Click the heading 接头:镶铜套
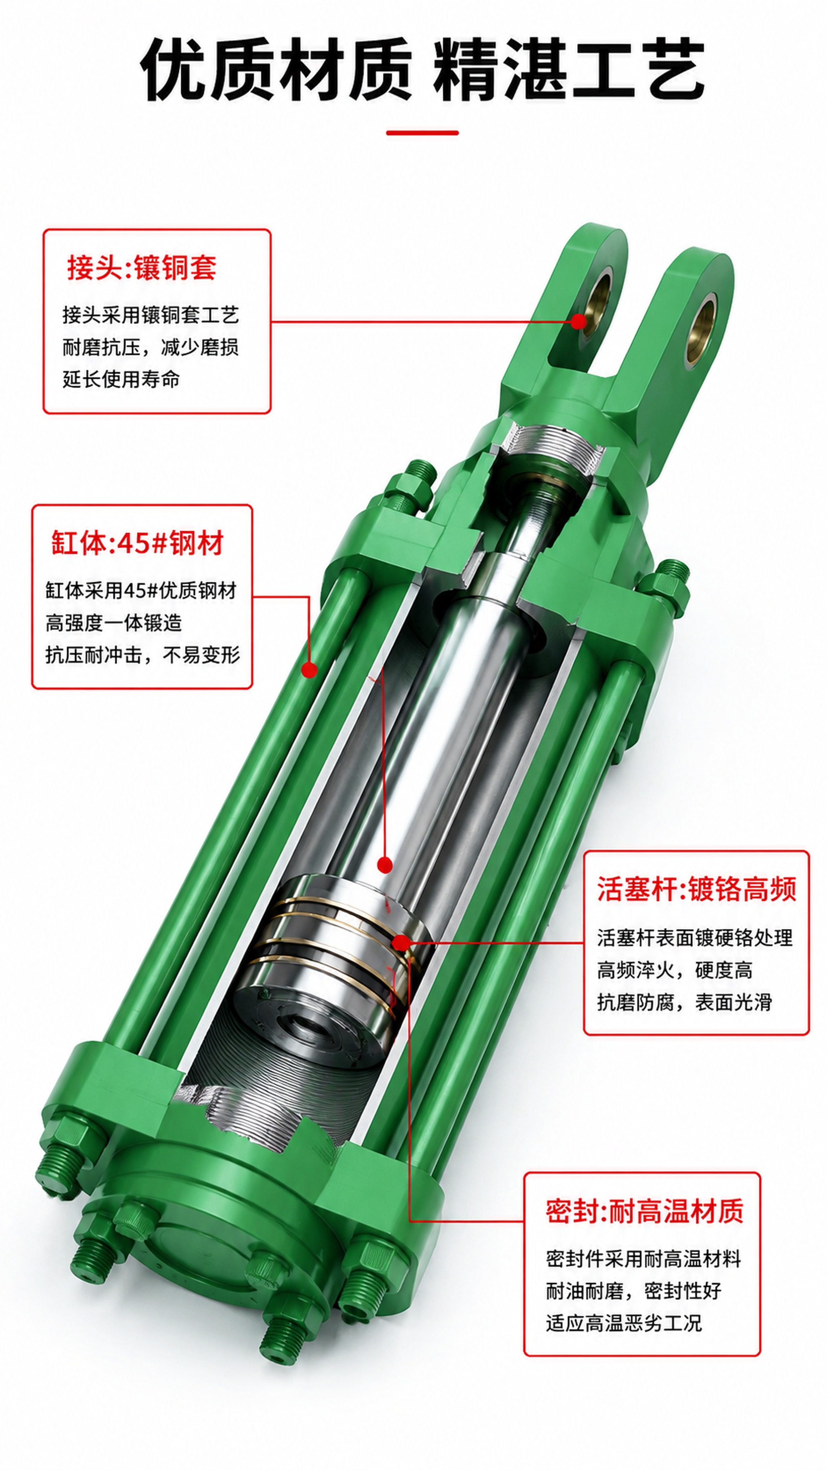tap(142, 267)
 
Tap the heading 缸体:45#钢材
tap(137, 543)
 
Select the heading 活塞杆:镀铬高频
tap(696, 889)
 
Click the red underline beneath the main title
tap(422, 133)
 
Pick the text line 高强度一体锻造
tap(114, 622)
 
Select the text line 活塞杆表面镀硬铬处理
tap(695, 938)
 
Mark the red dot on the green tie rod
tap(309, 670)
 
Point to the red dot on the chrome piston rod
tap(385, 864)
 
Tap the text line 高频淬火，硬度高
tap(675, 970)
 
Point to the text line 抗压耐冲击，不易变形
tap(143, 655)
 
